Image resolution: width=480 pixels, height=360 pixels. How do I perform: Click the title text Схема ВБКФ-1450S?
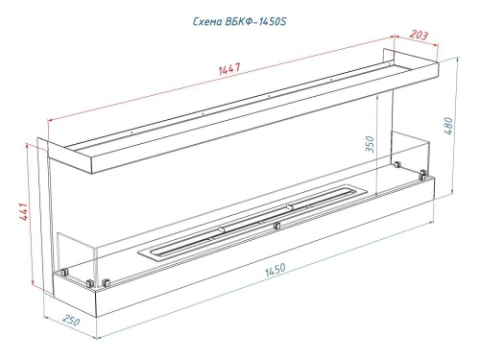tap(239, 21)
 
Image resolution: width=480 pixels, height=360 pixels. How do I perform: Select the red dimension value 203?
tap(419, 35)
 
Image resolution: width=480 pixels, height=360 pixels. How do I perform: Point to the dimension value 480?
tap(448, 126)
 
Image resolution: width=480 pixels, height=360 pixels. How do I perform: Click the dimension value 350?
tap(370, 144)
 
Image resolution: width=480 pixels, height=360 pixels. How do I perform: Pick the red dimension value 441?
tap(24, 211)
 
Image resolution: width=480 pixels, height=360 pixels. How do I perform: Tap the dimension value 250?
tap(71, 320)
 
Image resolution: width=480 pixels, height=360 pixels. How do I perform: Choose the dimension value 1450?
tap(275, 270)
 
